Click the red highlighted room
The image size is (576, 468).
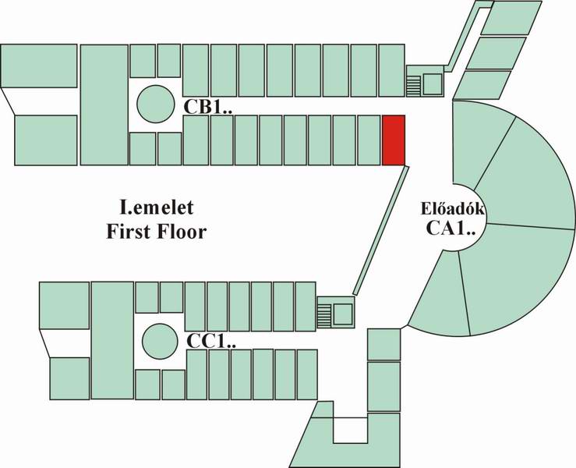393,140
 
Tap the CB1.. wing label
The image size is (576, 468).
208,106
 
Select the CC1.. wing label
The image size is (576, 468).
211,341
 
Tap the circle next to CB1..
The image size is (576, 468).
156,103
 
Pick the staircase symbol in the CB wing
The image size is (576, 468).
414,84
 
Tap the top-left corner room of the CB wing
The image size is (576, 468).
39,66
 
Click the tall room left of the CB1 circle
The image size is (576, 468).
104,105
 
